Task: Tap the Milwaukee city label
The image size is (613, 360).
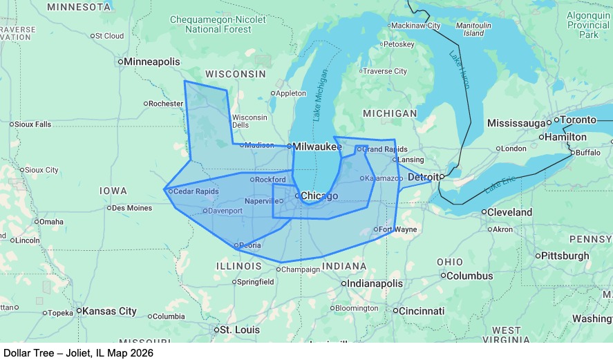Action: pyautogui.click(x=317, y=146)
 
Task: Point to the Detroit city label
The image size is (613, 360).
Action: pyautogui.click(x=424, y=178)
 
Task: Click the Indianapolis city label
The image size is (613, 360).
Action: pyautogui.click(x=375, y=283)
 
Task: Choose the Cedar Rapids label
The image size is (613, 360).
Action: pyautogui.click(x=196, y=191)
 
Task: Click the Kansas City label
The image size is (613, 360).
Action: pyautogui.click(x=109, y=312)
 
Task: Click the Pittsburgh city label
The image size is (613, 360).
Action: pyautogui.click(x=565, y=256)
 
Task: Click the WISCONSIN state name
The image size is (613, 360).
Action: pyautogui.click(x=235, y=74)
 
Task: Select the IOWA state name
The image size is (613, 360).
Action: pyautogui.click(x=113, y=191)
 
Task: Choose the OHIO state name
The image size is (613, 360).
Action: pyautogui.click(x=450, y=263)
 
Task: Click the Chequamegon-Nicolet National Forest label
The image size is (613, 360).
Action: pyautogui.click(x=217, y=25)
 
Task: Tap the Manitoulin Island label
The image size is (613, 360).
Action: pyautogui.click(x=473, y=29)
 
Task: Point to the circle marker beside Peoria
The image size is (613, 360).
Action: pyautogui.click(x=237, y=245)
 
